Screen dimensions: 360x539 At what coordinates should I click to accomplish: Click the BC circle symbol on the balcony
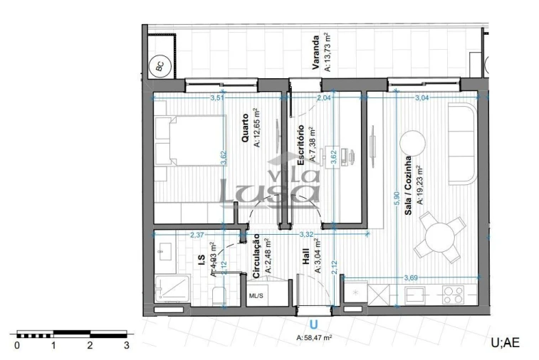click(160, 67)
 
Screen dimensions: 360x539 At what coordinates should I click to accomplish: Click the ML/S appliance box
click(255, 295)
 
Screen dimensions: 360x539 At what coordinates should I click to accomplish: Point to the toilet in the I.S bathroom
click(219, 295)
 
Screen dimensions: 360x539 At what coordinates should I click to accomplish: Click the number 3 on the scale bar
click(126, 346)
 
